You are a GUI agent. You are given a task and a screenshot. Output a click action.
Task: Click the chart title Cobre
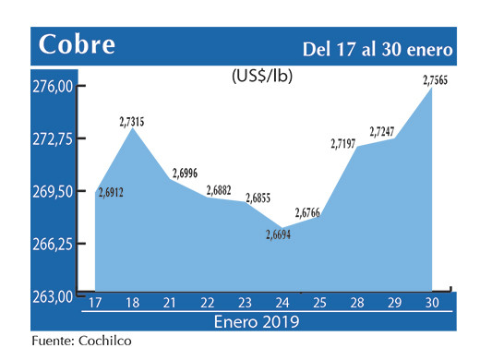coord(77,44)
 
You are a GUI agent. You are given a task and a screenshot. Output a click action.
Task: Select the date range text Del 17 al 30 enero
coord(379,48)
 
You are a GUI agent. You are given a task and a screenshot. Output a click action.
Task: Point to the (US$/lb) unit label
coord(261,77)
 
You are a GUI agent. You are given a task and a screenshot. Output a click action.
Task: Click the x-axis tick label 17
coord(95,302)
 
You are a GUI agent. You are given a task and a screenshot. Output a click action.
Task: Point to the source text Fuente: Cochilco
coord(81,342)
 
